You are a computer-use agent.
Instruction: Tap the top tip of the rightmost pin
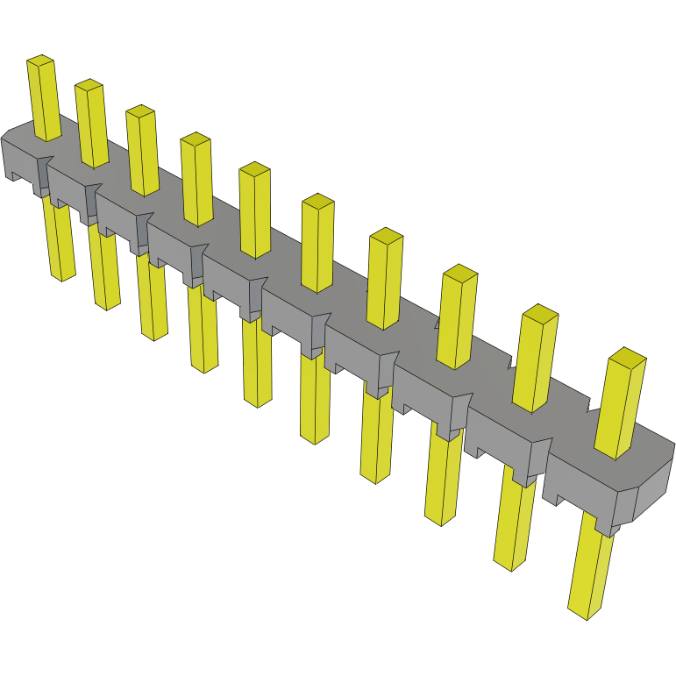(627, 356)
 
